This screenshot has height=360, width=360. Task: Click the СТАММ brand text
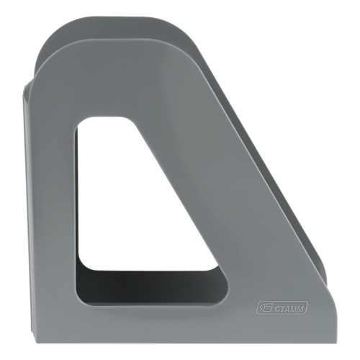tap(286, 308)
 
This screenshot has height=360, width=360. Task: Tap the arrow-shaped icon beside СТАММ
tap(262, 308)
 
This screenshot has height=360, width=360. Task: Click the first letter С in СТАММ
tap(270, 308)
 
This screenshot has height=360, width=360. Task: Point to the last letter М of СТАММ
tap(301, 308)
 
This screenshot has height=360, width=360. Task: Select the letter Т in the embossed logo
tap(277, 308)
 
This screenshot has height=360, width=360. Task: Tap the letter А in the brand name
tap(283, 308)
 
